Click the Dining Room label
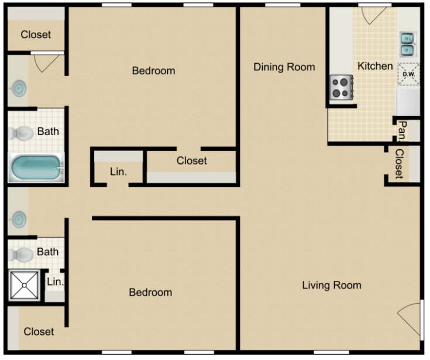tap(284, 67)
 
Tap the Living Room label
tap(332, 286)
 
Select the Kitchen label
tap(375, 66)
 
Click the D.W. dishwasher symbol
tap(408, 74)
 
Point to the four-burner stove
tap(341, 87)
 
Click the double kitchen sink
tap(408, 44)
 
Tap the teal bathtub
tap(36, 167)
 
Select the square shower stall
tap(25, 286)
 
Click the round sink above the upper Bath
tap(18, 88)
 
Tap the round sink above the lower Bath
tap(18, 220)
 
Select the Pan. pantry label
tap(402, 131)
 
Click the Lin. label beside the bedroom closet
tap(118, 172)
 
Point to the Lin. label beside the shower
tap(56, 282)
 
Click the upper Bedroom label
tap(153, 71)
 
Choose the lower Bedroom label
tap(150, 293)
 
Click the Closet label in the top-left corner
tap(36, 35)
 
